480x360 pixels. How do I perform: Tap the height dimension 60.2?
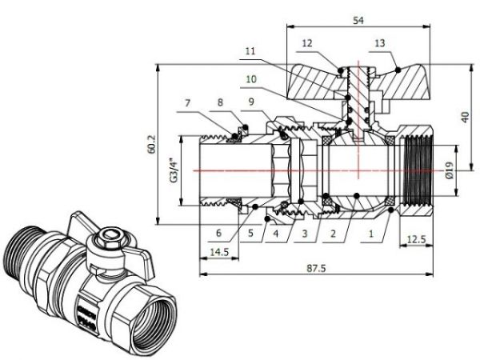point(152,145)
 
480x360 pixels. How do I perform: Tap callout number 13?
point(378,42)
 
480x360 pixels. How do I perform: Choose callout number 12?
point(307,42)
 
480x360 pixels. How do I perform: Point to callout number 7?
point(187,103)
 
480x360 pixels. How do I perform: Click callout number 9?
point(250,103)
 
